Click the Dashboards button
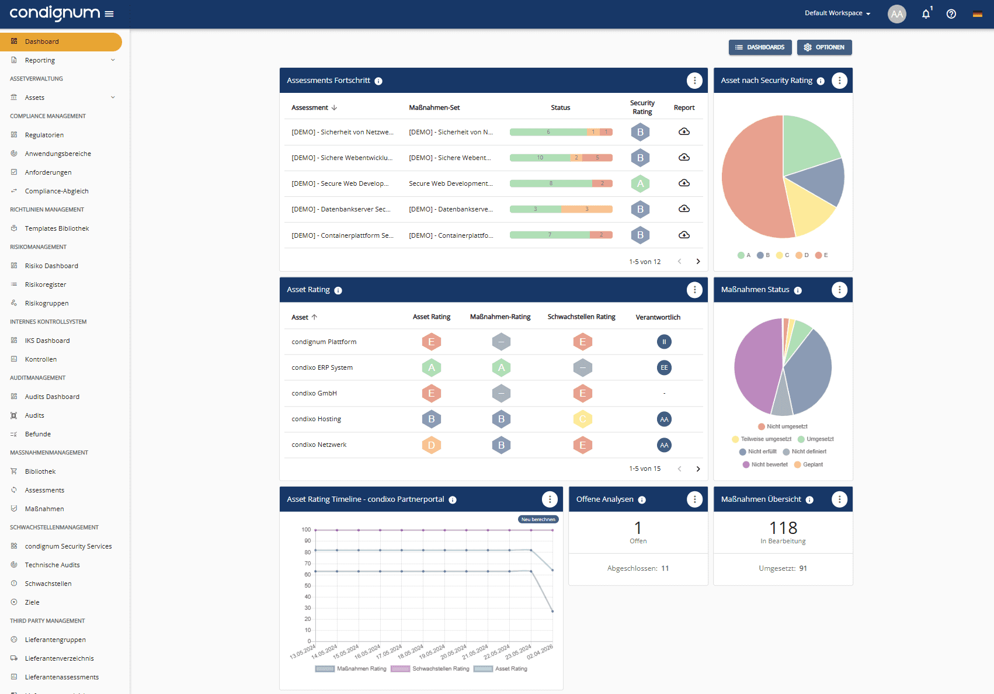click(x=760, y=47)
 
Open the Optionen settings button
click(x=824, y=47)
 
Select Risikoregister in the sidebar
click(x=46, y=284)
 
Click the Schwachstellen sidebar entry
click(x=48, y=584)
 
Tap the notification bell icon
click(x=926, y=14)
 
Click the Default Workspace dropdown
click(x=837, y=13)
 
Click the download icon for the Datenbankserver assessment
click(x=684, y=209)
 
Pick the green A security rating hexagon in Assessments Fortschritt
click(x=640, y=183)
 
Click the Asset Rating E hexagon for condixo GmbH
click(x=431, y=393)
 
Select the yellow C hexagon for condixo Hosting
click(x=582, y=419)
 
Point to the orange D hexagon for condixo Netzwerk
click(x=431, y=445)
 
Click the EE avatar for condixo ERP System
click(x=664, y=367)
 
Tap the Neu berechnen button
click(x=538, y=519)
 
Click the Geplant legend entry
click(x=812, y=464)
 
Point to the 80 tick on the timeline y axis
click(x=307, y=552)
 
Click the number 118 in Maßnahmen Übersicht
click(x=783, y=528)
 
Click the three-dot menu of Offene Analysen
click(x=694, y=499)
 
